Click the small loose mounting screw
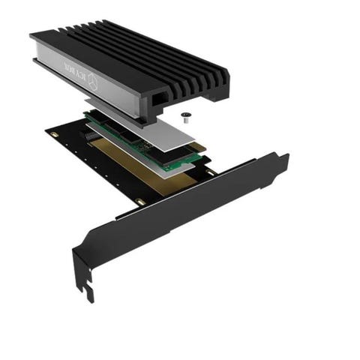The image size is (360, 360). (185, 118)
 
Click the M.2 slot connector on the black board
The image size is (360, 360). (91, 136)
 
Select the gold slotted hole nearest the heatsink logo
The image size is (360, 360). (53, 135)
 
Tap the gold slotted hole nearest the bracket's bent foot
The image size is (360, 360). (139, 202)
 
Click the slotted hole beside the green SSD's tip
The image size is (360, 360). (211, 172)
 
